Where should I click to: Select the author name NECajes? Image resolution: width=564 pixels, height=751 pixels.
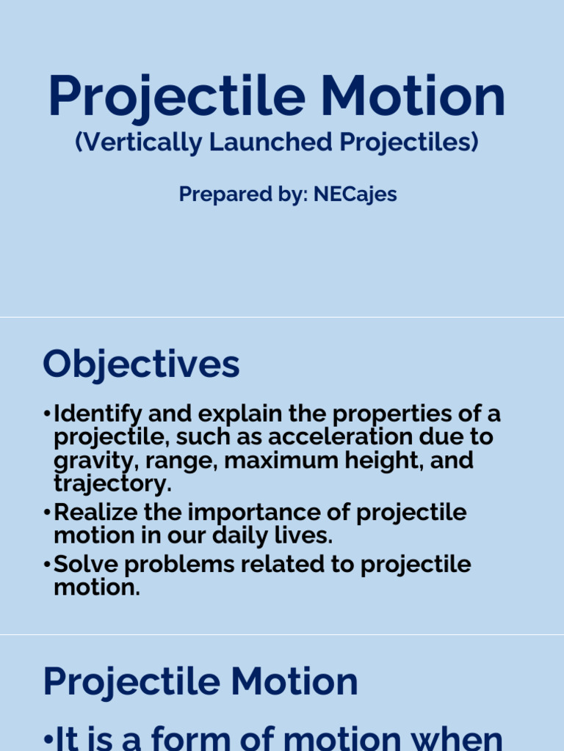355,194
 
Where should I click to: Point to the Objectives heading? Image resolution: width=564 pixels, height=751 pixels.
141,364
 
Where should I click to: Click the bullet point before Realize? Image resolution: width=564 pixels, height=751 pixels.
48,512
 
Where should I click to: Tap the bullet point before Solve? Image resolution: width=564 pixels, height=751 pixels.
48,565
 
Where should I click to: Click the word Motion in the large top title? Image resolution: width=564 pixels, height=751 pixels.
413,98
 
